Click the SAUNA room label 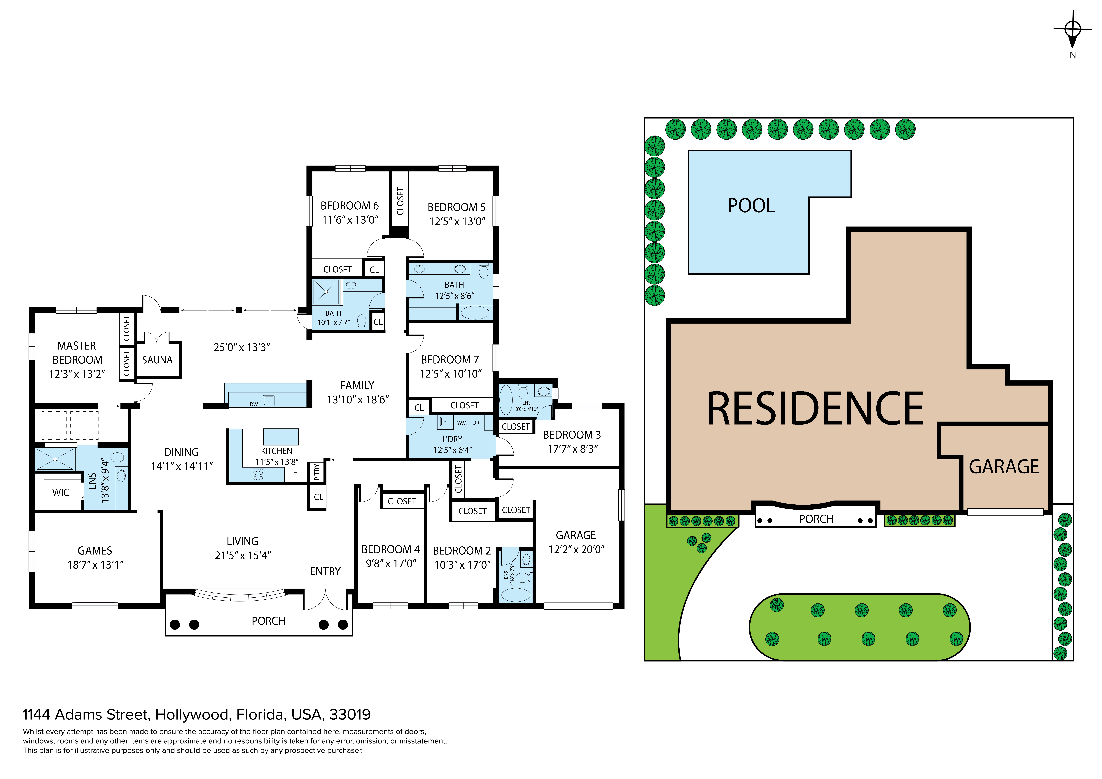point(157,360)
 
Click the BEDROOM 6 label point(349,206)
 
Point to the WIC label point(60,492)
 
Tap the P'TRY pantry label point(316,471)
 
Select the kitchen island point(281,437)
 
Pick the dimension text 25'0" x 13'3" point(242,347)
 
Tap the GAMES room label point(95,550)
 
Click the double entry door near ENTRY point(325,600)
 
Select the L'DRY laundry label point(452,439)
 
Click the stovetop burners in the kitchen point(258,475)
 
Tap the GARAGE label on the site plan point(1004,466)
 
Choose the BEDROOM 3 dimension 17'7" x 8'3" point(573,449)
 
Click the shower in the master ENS point(55,459)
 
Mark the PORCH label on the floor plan point(268,621)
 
